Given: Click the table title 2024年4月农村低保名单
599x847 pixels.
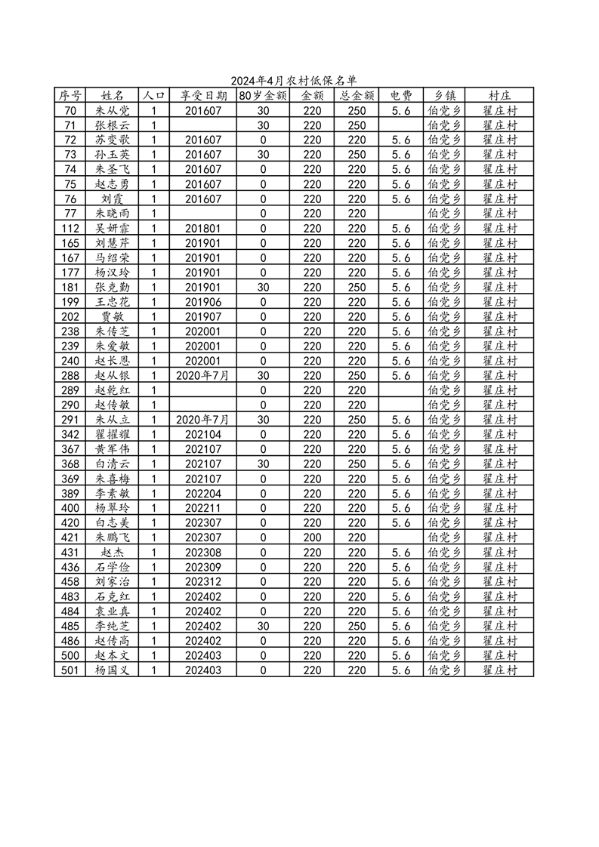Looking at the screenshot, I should click(293, 80).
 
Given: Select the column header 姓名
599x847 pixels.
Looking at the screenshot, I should click(113, 96).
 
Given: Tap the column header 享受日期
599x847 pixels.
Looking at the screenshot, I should click(202, 96).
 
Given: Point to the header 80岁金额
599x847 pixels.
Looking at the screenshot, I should click(263, 96).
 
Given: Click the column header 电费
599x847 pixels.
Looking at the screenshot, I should click(401, 96).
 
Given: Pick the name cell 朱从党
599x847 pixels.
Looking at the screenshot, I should click(113, 110).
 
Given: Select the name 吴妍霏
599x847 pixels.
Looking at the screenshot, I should click(113, 228).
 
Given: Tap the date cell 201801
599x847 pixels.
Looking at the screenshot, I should click(202, 228).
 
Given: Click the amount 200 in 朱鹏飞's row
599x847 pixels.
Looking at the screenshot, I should click(312, 537).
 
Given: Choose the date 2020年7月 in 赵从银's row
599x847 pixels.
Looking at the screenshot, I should click(202, 375).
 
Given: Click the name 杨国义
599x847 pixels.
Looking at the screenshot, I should click(113, 670).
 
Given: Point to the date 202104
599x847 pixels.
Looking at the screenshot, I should click(202, 435).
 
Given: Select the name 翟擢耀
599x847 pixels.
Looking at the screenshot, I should click(113, 435).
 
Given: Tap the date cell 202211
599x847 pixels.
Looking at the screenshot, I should click(202, 508).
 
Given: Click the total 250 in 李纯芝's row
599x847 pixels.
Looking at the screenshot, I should click(357, 626).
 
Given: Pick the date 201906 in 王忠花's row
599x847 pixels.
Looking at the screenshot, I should click(202, 302).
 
